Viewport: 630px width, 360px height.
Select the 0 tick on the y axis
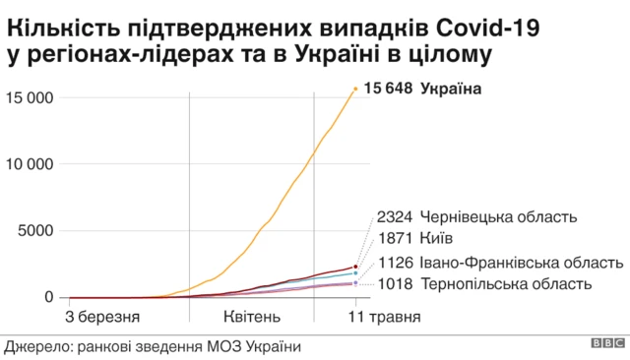49,297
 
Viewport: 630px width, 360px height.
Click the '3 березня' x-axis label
102,317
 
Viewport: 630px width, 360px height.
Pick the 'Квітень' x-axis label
251,317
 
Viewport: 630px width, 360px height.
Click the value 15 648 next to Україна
388,90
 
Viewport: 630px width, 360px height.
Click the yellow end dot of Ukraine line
355,90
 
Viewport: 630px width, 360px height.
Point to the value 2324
394,217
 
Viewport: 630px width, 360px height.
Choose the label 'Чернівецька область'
497,217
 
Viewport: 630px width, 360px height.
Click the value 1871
394,239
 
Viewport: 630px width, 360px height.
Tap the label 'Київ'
436,239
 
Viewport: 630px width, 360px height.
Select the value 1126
394,263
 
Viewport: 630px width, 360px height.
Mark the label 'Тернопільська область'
506,284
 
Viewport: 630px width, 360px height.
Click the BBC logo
606,345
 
